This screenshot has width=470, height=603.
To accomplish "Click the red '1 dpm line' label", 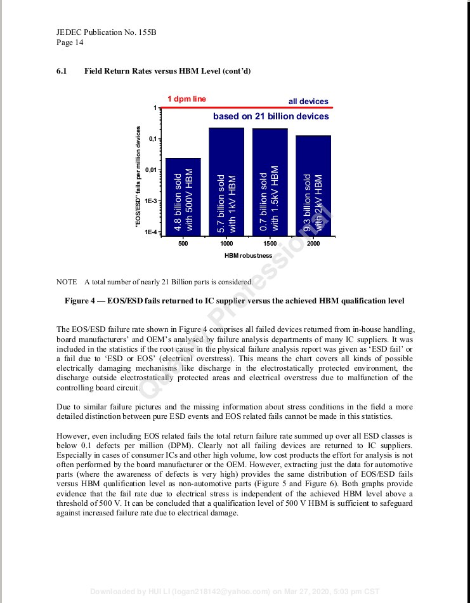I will [x=186, y=99].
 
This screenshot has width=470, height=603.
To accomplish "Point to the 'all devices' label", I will [x=308, y=102].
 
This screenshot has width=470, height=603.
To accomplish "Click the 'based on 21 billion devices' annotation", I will [x=271, y=116].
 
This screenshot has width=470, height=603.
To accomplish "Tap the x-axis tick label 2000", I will [x=313, y=244].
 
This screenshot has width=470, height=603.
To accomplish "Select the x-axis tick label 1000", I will [x=226, y=244].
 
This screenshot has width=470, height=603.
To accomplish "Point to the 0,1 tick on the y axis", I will [x=152, y=139].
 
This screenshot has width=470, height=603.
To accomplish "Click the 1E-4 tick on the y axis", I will [x=151, y=232].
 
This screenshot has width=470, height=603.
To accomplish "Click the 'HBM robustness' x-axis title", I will [x=248, y=256].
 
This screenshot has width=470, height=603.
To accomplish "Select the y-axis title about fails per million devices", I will [x=138, y=177].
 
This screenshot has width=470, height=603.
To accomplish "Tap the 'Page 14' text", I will [x=70, y=43].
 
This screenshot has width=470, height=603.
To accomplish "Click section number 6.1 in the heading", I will [x=62, y=70].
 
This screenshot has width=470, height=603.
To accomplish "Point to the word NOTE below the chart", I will [x=66, y=282].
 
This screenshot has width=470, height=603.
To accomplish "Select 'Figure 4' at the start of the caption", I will [x=81, y=300].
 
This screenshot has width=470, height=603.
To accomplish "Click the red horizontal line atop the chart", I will [x=247, y=108].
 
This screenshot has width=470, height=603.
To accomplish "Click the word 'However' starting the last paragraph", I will [x=72, y=436].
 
